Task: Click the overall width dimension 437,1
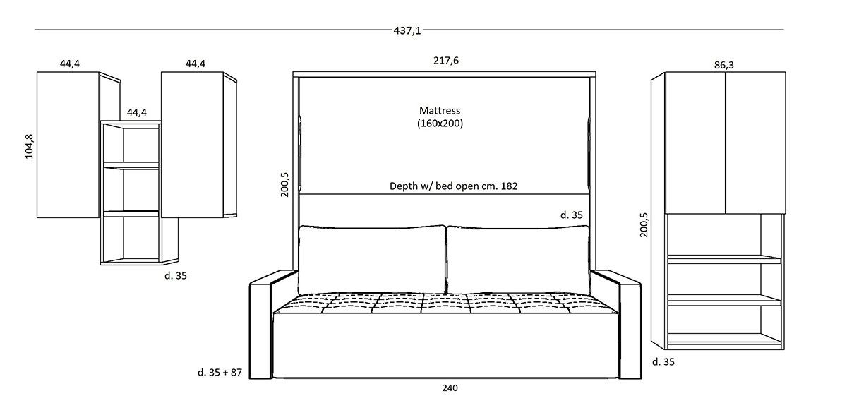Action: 407,30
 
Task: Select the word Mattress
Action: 439,111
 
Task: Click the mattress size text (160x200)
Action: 440,123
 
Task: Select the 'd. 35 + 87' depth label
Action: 220,372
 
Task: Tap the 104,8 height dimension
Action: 30,145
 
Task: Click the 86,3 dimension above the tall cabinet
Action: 724,65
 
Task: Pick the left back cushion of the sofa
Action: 372,259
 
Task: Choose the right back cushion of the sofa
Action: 518,259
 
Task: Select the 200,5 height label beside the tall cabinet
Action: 644,224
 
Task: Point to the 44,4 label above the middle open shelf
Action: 137,112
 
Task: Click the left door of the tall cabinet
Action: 695,142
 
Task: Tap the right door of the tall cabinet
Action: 755,142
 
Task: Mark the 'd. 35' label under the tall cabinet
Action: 664,362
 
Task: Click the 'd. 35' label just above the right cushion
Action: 572,215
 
